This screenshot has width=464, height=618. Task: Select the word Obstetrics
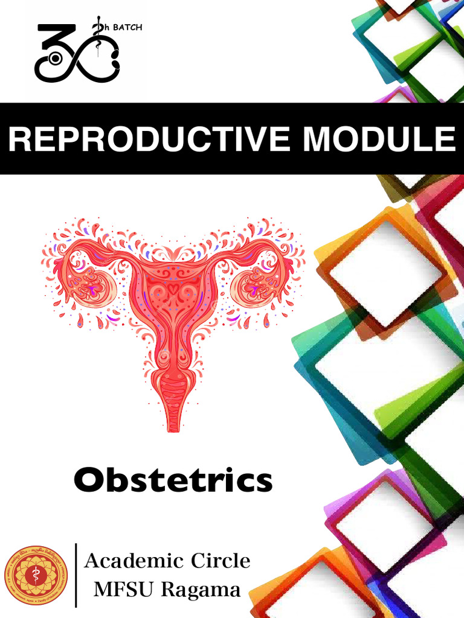173,480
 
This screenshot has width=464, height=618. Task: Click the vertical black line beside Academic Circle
76,575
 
